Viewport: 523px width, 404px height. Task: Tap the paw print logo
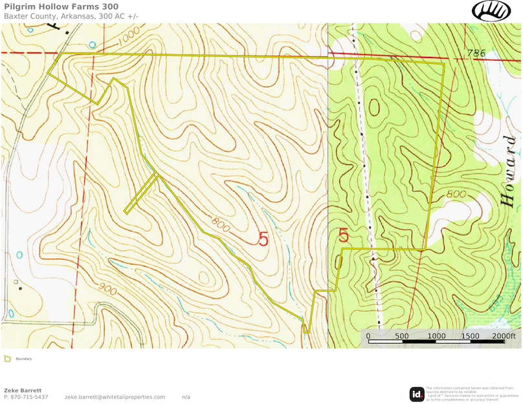[x=491, y=10]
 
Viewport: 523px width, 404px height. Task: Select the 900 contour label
[x=109, y=291]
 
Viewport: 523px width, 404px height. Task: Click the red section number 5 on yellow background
[x=263, y=239]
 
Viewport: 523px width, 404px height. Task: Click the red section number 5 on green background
[x=344, y=236]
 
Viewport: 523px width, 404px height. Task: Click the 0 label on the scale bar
[x=368, y=336]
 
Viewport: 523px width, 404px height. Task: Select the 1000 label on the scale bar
[x=436, y=336]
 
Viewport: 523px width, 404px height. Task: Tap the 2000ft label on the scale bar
[x=505, y=336]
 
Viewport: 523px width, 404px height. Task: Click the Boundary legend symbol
[x=7, y=358]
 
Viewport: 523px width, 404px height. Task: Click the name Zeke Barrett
[x=23, y=390]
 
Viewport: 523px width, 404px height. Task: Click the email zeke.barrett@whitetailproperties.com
[x=115, y=397]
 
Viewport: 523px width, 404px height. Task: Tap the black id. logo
[x=417, y=393]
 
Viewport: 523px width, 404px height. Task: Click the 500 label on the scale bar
[x=401, y=336]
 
